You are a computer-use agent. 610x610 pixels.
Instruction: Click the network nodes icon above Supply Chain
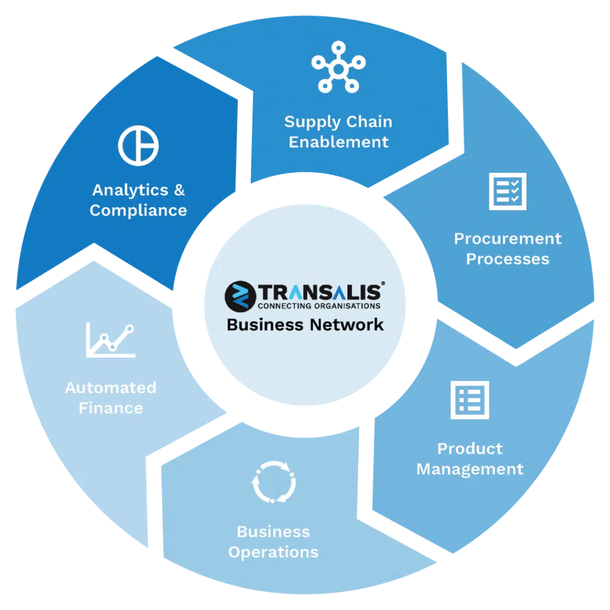pos(338,69)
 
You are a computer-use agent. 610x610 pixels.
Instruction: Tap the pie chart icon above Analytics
pos(138,145)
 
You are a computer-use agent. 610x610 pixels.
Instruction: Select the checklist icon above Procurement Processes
pos(508,191)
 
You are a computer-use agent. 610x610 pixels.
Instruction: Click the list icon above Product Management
pos(469,400)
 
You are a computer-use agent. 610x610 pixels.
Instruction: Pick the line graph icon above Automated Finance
pos(110,340)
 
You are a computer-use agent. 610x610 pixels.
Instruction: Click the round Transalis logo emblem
pos(240,297)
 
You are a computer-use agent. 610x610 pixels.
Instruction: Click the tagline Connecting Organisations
pos(319,306)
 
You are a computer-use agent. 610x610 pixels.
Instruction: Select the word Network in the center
pos(347,325)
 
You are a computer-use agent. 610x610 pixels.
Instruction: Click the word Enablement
pos(338,142)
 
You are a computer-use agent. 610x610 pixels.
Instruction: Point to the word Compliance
pos(138,211)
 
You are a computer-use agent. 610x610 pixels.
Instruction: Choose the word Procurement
pos(508,239)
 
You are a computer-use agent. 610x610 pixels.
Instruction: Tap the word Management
pos(470,469)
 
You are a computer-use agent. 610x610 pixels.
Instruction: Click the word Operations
pos(273,552)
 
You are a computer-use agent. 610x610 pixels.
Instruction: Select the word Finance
pos(111,408)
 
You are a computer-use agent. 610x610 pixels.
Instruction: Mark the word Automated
pos(111,388)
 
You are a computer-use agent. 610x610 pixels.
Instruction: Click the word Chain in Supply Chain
pos(369,122)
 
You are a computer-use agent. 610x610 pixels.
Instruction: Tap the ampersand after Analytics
pos(179,190)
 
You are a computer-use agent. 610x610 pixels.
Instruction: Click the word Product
pos(470,449)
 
